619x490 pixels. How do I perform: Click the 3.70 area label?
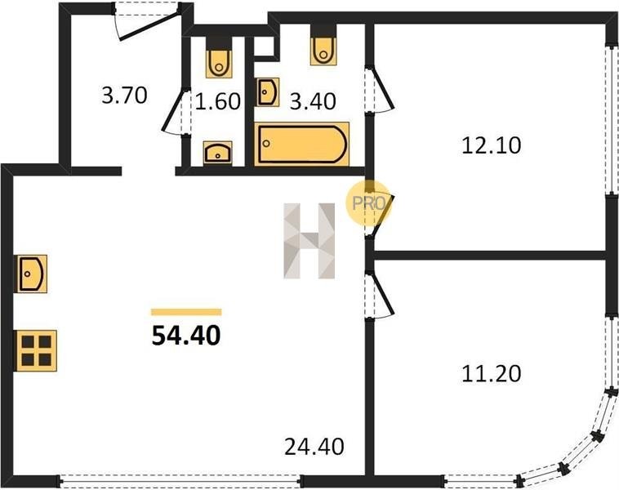click(x=123, y=96)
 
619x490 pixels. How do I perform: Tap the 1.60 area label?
click(x=218, y=102)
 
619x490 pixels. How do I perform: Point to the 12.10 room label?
click(x=491, y=146)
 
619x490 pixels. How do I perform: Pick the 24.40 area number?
click(x=314, y=447)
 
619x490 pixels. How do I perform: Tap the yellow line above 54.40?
click(x=186, y=311)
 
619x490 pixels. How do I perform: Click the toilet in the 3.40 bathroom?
click(x=323, y=49)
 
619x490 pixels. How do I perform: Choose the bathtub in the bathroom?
click(x=302, y=145)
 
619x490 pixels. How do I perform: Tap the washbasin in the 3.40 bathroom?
click(x=267, y=92)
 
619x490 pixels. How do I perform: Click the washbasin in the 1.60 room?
click(x=217, y=152)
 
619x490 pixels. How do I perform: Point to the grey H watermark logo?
click(x=310, y=242)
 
